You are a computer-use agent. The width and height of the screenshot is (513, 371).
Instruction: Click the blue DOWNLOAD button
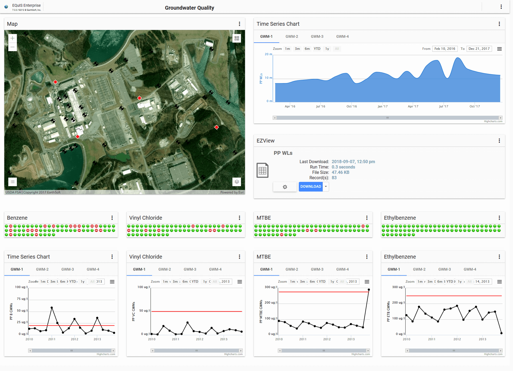tap(311, 186)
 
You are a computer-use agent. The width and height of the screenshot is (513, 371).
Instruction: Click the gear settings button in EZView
tap(285, 187)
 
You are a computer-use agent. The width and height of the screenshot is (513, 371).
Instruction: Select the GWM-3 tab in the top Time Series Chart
tap(317, 36)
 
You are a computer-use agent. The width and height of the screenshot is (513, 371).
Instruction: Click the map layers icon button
tap(237, 182)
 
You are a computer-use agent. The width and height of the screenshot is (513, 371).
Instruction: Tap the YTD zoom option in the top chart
tap(317, 49)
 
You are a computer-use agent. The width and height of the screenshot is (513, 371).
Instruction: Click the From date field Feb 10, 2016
tap(444, 49)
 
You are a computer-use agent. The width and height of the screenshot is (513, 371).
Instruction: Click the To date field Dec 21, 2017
tap(479, 49)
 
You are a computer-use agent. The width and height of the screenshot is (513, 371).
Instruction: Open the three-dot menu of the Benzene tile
tap(112, 218)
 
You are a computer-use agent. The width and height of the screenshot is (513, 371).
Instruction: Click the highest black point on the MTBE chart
tap(369, 290)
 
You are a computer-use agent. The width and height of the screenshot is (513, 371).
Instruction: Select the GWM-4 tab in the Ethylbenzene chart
tap(470, 269)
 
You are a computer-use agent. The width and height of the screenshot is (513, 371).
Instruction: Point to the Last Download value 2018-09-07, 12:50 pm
tap(353, 162)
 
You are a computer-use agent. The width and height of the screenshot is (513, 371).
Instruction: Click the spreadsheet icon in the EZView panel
tap(262, 170)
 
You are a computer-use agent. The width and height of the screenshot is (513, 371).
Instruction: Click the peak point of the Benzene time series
tap(52, 308)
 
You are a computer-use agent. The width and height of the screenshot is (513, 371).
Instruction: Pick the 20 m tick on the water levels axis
tap(268, 54)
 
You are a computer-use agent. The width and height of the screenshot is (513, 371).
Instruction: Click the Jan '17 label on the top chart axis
tap(382, 106)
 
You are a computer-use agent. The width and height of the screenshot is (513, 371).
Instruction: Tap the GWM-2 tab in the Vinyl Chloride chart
tap(164, 269)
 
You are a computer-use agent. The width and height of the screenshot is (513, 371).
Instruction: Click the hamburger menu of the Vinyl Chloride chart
tap(240, 282)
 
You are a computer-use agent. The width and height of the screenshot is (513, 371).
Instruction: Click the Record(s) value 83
tap(334, 178)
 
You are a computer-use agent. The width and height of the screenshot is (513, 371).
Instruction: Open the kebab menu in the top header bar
tap(501, 7)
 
